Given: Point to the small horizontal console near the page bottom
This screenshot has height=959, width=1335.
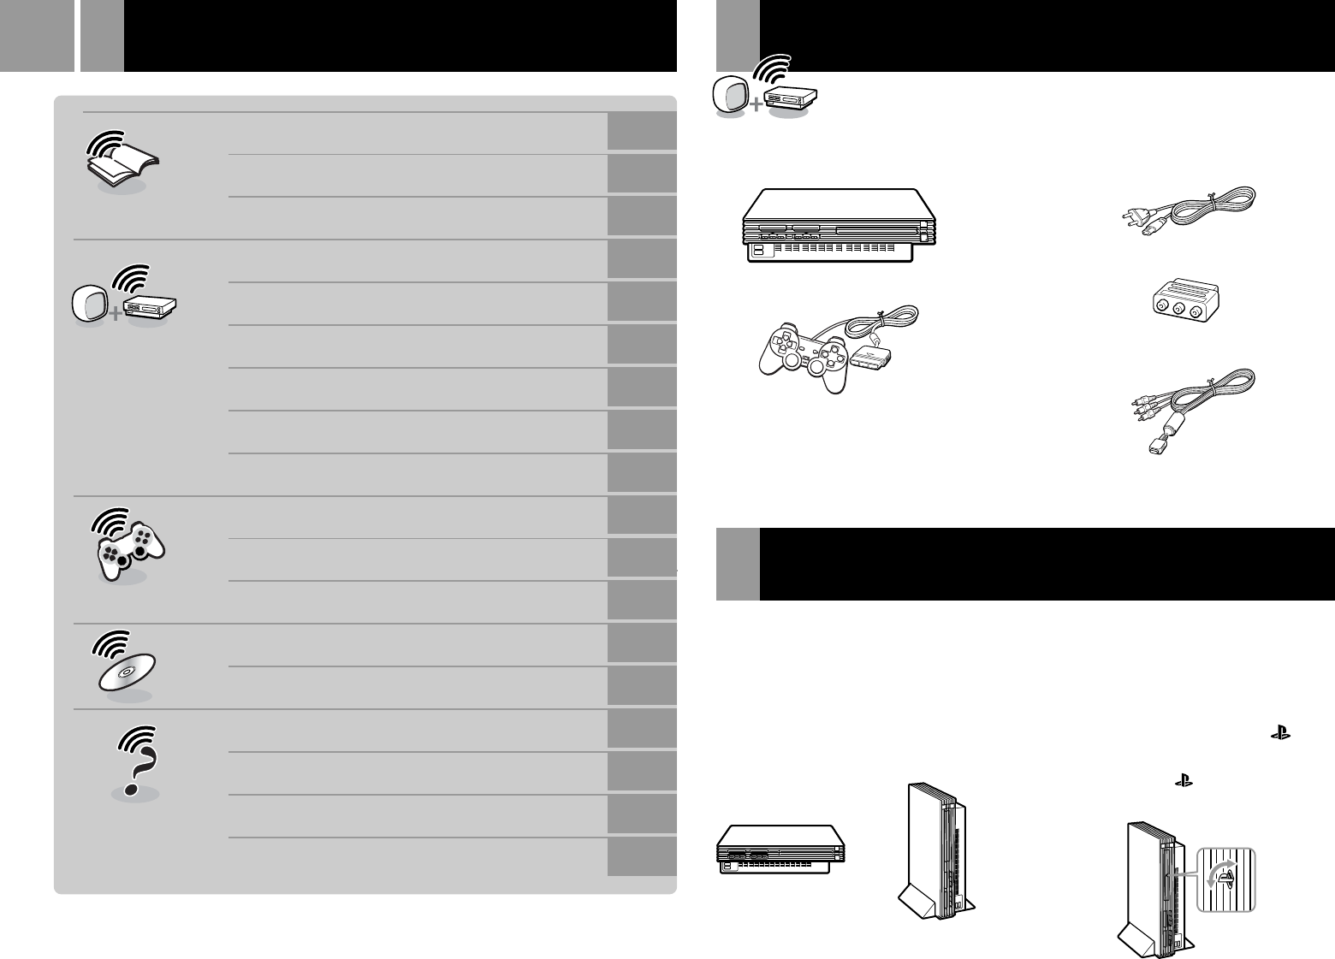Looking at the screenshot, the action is (780, 849).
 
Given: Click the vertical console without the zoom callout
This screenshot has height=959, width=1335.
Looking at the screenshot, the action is (936, 852).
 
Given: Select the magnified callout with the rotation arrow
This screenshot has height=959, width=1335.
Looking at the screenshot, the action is (1225, 879).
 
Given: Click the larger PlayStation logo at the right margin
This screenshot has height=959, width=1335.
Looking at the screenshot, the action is (1281, 733).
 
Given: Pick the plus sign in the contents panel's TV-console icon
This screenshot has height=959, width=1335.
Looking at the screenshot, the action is (114, 313).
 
